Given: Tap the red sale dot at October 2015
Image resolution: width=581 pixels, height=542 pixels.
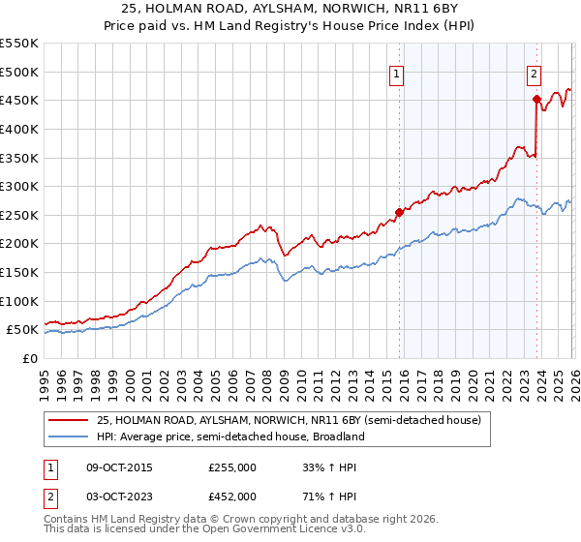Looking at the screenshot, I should tap(399, 212).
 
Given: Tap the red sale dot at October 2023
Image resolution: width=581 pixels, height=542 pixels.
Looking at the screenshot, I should tap(535, 99).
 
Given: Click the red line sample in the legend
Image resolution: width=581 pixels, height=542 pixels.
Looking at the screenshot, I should tap(70, 420).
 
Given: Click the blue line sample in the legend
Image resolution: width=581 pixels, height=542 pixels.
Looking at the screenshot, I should tap(70, 437).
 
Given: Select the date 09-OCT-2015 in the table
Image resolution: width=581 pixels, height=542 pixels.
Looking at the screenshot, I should tap(119, 467).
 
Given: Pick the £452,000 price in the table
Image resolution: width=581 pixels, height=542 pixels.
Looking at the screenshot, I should tap(232, 496).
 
